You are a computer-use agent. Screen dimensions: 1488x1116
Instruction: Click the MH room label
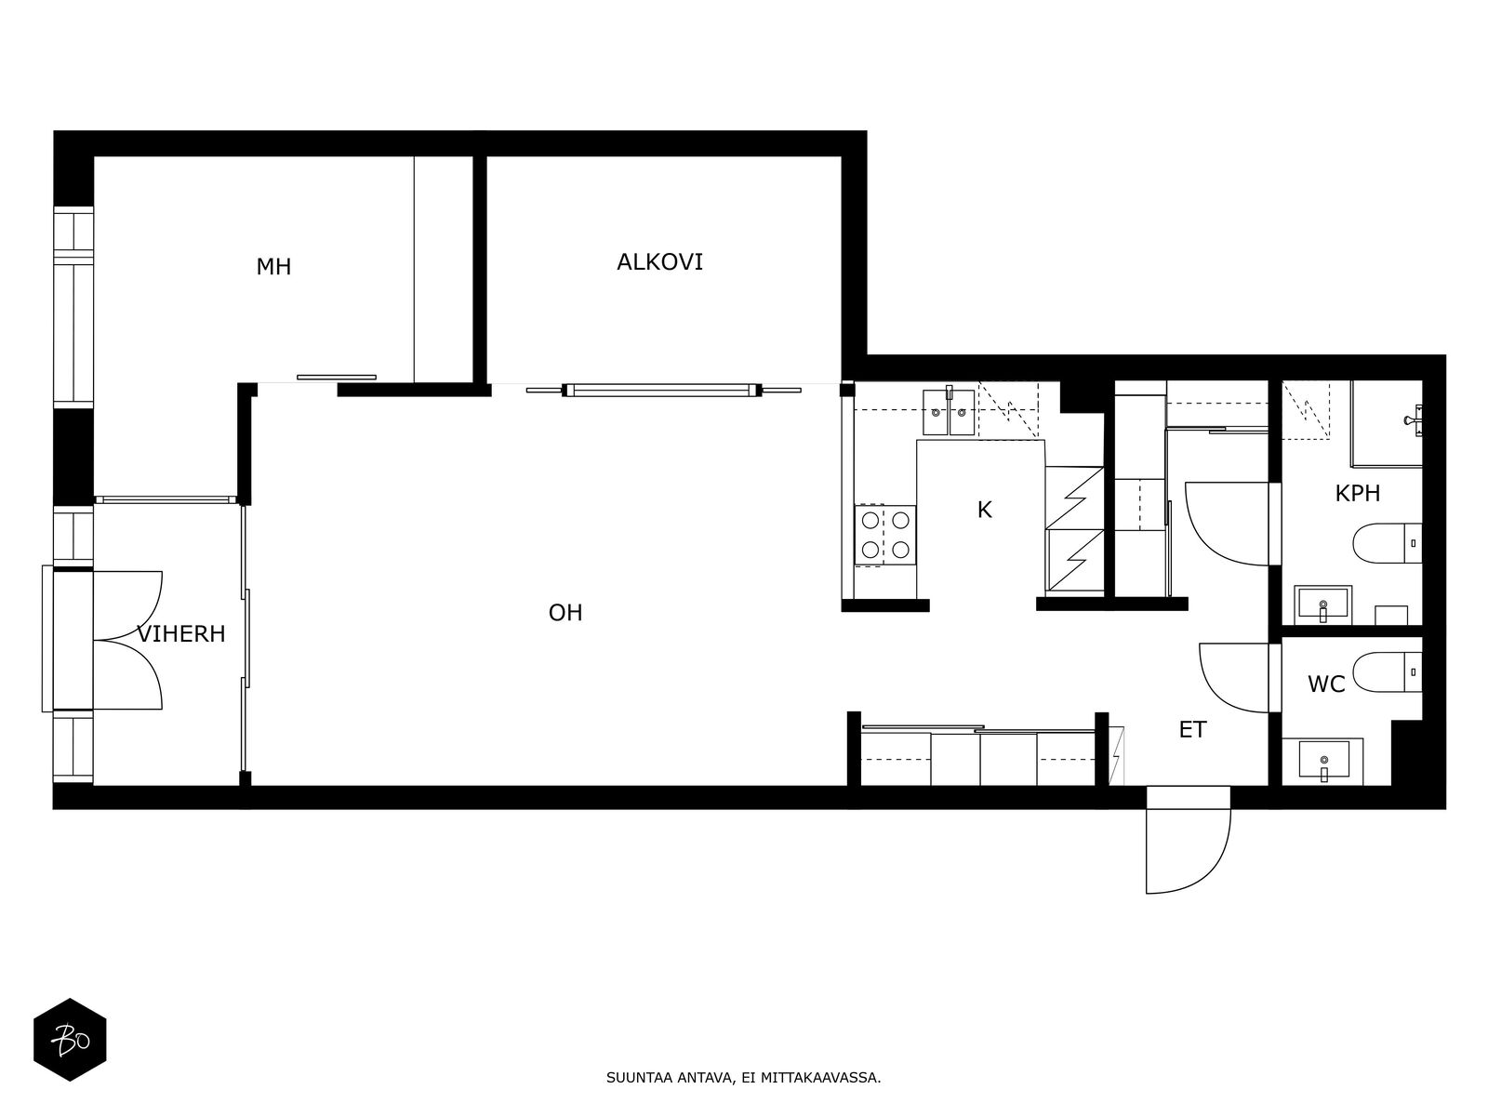(273, 267)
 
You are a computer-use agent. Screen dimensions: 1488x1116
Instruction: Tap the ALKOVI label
(659, 262)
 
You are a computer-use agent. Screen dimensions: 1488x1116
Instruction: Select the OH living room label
(565, 613)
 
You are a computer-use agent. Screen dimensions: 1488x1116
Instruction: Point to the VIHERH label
(181, 634)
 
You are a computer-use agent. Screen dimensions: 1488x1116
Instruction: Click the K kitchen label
(984, 510)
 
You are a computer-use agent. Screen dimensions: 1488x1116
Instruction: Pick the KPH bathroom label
(1357, 493)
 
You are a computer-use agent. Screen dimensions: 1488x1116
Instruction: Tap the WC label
(1326, 684)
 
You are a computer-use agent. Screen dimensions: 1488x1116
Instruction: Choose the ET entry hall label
(1193, 730)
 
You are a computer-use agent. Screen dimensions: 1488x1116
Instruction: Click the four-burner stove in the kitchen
(884, 535)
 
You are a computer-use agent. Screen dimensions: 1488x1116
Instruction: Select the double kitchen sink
(950, 411)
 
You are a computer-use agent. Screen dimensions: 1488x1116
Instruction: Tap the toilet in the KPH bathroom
(1387, 543)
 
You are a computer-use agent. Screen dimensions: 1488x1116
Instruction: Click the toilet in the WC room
(1387, 671)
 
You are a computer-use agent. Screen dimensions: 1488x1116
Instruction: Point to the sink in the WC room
(1323, 760)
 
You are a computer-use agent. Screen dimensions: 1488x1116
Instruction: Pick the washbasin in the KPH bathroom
(1322, 604)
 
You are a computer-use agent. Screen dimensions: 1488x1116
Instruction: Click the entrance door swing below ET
(1188, 840)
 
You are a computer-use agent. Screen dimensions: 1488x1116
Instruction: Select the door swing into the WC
(1234, 678)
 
